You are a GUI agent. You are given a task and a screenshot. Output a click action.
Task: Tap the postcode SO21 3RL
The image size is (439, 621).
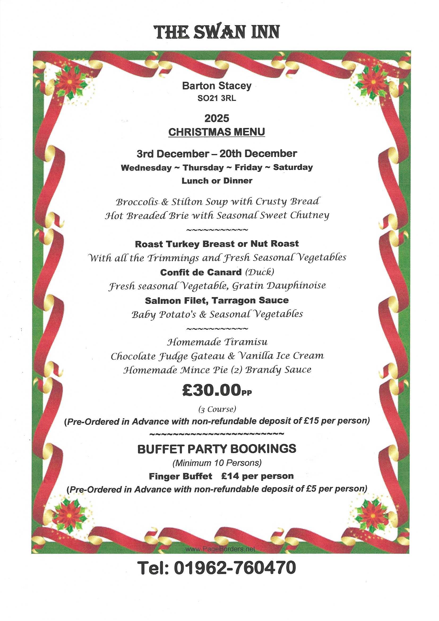coord(217,99)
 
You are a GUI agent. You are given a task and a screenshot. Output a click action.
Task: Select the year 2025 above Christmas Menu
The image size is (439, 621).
coord(217,118)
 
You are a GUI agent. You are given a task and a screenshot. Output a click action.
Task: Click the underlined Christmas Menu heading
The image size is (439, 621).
coord(217,132)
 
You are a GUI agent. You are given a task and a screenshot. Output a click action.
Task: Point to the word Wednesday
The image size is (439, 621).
coord(146,167)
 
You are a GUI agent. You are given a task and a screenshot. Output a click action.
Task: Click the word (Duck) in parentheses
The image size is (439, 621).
coord(260,272)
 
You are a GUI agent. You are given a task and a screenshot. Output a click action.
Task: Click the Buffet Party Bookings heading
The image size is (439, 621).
coord(217,449)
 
